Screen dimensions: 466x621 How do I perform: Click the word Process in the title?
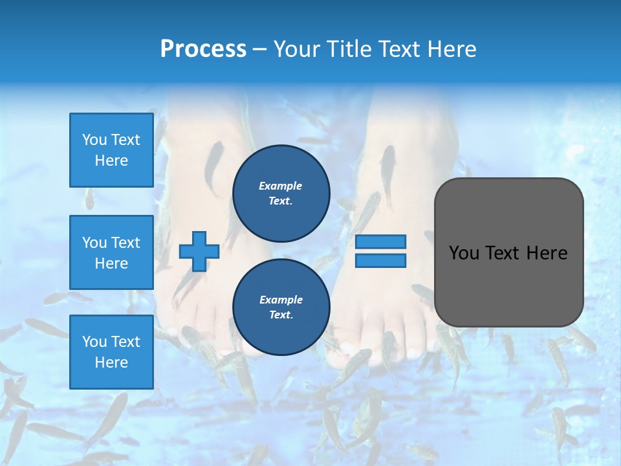tap(203, 49)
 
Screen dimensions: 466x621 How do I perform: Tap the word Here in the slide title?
tap(452, 49)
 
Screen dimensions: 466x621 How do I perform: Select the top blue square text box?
tap(111, 150)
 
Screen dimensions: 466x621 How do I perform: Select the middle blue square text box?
tap(111, 252)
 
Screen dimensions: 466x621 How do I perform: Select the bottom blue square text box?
tap(111, 351)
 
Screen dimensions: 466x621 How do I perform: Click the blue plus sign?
tap(199, 251)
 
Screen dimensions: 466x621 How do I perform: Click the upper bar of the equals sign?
tap(381, 241)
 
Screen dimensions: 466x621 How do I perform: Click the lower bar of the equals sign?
tap(381, 260)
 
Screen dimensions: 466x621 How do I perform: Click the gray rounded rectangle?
tap(508, 285)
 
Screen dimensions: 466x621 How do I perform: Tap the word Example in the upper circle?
tap(281, 186)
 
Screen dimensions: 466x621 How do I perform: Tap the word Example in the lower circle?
tap(281, 300)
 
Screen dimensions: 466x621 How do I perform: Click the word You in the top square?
tap(94, 140)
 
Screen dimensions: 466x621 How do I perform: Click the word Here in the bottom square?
tap(111, 362)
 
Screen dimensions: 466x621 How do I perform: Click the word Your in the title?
tap(298, 49)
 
